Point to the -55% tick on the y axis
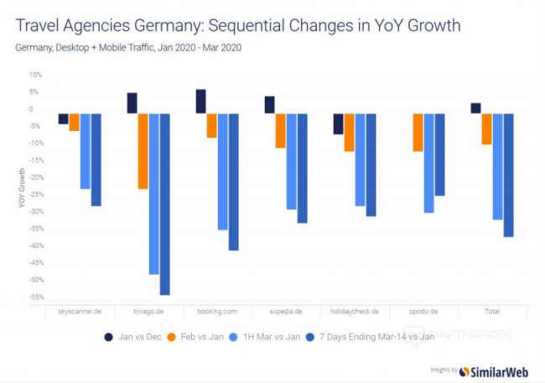pos(34,297)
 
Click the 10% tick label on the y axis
pos(35,74)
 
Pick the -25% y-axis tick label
pos(34,194)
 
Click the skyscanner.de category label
pos(80,311)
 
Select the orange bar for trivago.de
pos(143,150)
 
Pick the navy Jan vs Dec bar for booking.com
pos(201,101)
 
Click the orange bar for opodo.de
pos(418,132)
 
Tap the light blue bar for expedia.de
pos(291,160)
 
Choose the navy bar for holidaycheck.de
pos(338,123)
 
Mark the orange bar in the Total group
pos(486,129)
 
